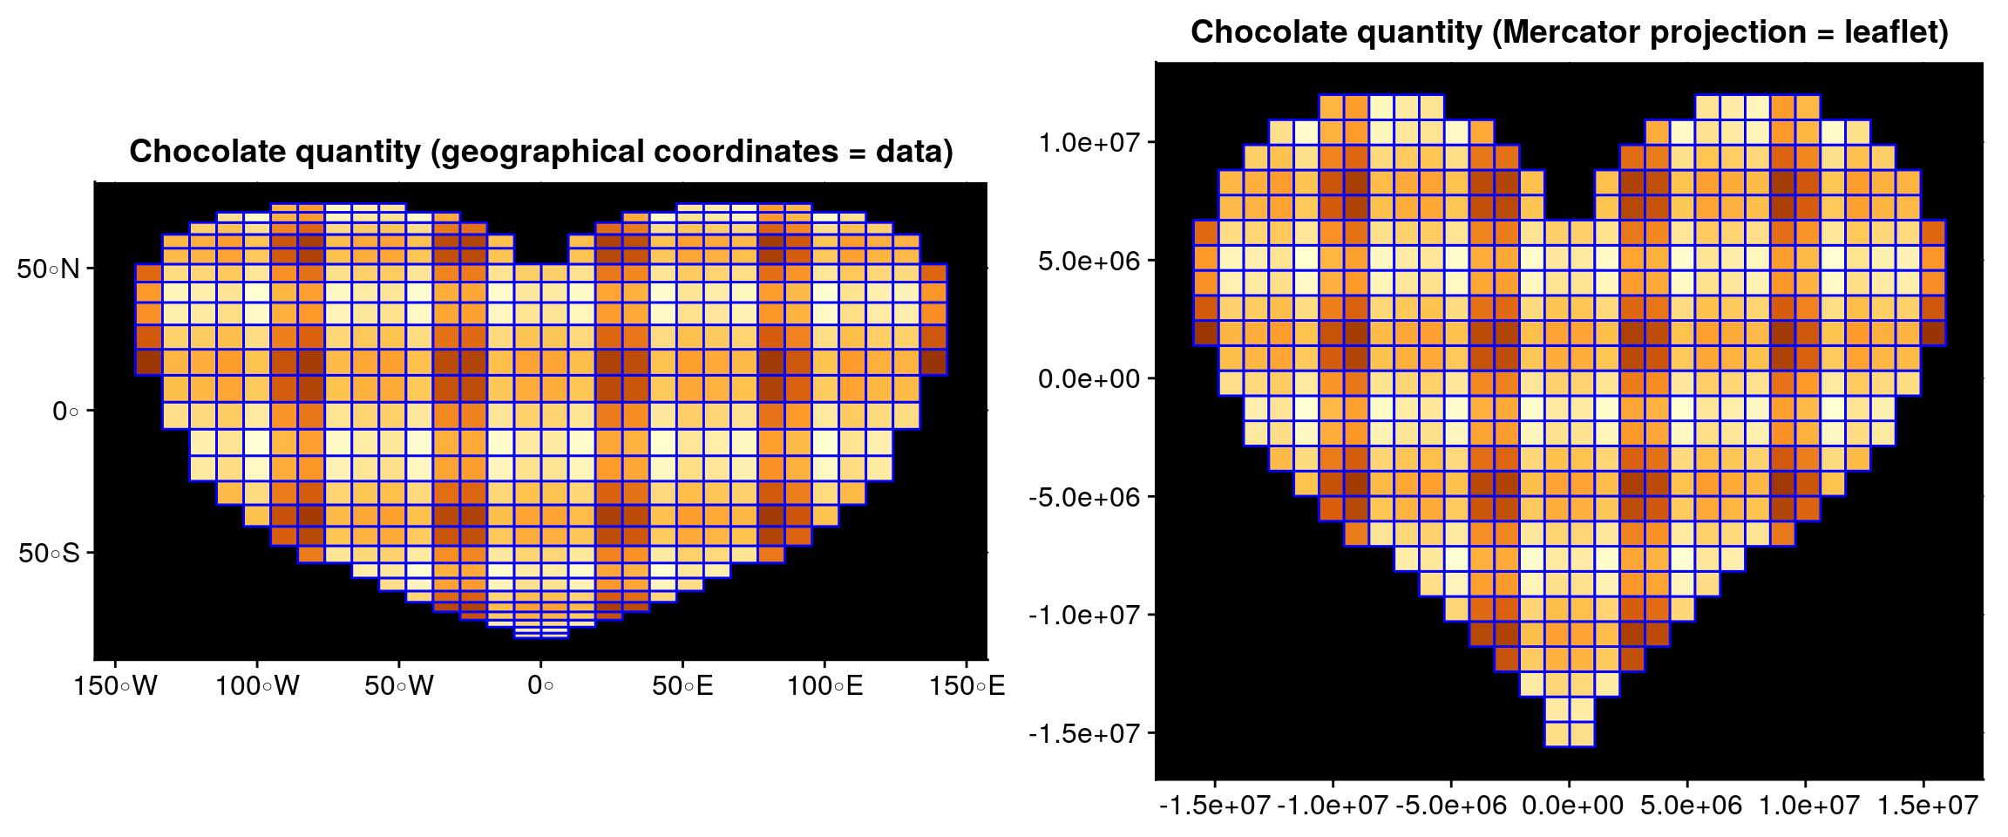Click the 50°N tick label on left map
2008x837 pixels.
click(48, 269)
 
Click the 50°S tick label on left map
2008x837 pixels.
click(48, 553)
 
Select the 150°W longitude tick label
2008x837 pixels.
click(115, 686)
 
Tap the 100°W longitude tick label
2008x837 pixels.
click(257, 686)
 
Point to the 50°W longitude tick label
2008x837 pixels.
click(399, 686)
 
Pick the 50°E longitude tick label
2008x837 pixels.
click(682, 686)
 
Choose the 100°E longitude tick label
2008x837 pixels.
click(824, 686)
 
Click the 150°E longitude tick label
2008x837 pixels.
click(967, 686)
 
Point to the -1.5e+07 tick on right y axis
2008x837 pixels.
click(1083, 734)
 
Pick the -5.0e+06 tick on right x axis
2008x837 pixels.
click(1450, 806)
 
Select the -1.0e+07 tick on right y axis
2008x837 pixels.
click(1083, 616)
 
